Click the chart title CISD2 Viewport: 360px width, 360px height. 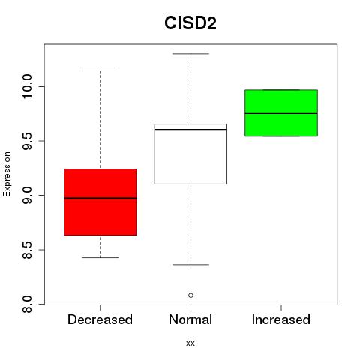pyautogui.click(x=190, y=23)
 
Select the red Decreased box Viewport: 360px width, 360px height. pyautogui.click(x=100, y=202)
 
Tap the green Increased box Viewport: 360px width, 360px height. pyautogui.click(x=281, y=113)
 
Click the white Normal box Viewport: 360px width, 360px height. pyautogui.click(x=190, y=154)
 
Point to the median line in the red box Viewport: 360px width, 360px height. pyautogui.click(x=100, y=199)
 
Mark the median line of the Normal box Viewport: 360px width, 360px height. pyautogui.click(x=190, y=130)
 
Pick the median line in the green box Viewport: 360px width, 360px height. pyautogui.click(x=281, y=113)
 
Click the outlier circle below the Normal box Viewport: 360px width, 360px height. pyautogui.click(x=190, y=295)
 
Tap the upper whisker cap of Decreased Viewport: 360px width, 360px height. pyautogui.click(x=100, y=70)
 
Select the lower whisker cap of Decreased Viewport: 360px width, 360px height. pyautogui.click(x=100, y=257)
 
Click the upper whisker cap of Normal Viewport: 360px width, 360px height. pyautogui.click(x=190, y=54)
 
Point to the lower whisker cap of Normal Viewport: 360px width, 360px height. pyautogui.click(x=190, y=265)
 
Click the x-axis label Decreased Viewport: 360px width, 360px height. pyautogui.click(x=100, y=319)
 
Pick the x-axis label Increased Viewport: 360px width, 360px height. pyautogui.click(x=281, y=319)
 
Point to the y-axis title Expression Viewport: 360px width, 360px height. pyautogui.click(x=7, y=174)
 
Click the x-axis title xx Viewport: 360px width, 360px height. pyautogui.click(x=190, y=343)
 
